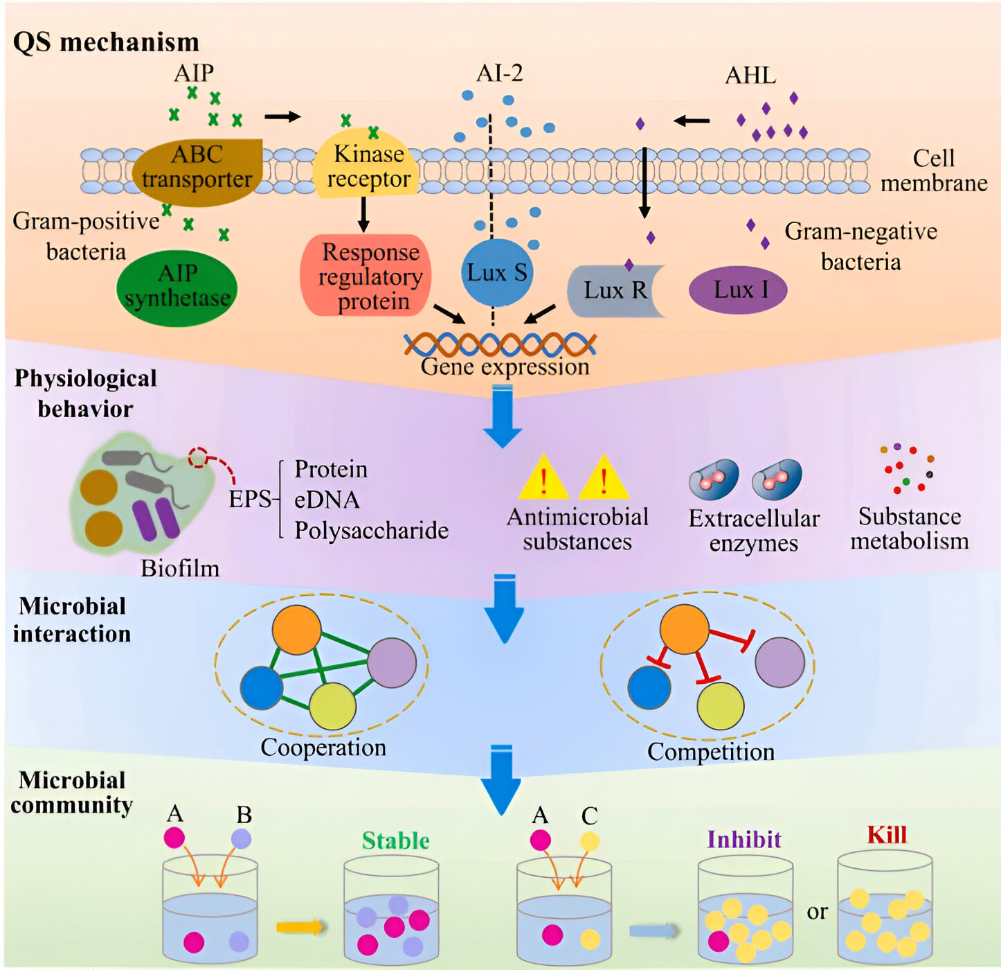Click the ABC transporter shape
point(197,170)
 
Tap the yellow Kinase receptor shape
point(367,166)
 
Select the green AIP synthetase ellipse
point(177,287)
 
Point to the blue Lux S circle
point(496,272)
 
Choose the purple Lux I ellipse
point(739,290)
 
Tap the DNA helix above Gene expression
point(500,344)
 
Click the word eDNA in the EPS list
point(326,500)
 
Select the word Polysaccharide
point(371,531)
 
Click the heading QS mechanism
point(106,42)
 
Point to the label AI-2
point(500,73)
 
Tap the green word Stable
point(395,840)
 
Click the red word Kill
point(887,835)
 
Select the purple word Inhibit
point(744,840)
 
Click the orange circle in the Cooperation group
point(296,629)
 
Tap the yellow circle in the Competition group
point(720,706)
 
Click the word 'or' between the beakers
point(817,912)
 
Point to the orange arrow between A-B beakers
point(299,926)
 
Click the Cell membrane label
point(933,170)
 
